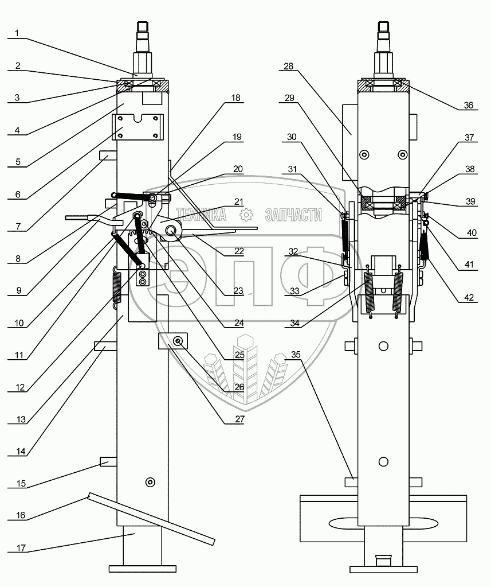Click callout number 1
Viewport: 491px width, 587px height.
point(17,33)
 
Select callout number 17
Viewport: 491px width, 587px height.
point(21,547)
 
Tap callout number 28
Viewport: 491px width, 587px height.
point(289,66)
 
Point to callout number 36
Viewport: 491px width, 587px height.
point(468,105)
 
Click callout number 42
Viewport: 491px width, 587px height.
point(469,297)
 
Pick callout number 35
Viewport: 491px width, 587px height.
point(296,354)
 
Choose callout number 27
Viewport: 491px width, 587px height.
point(239,419)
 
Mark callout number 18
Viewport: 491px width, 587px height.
point(236,98)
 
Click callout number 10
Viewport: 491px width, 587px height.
point(19,322)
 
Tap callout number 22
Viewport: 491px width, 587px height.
point(239,251)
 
